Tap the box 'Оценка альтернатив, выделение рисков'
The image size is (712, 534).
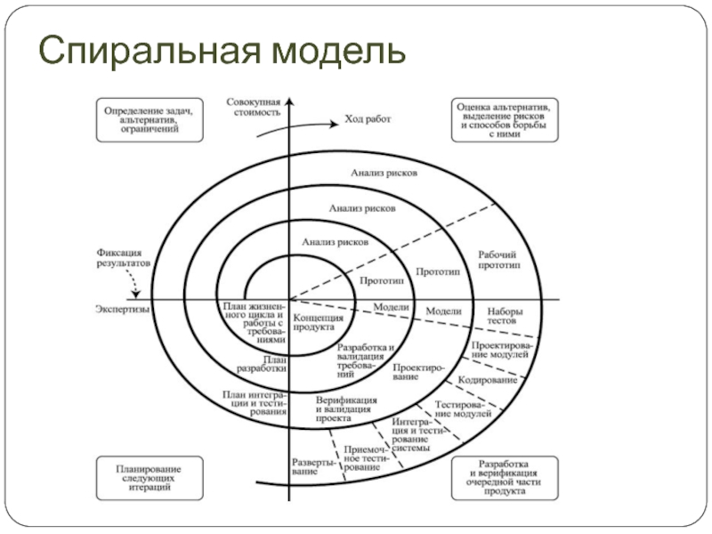(x=504, y=118)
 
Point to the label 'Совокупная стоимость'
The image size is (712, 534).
(x=255, y=108)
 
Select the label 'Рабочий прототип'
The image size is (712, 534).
(x=498, y=259)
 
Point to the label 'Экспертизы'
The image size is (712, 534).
(x=122, y=308)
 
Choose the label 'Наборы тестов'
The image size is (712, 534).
(x=505, y=317)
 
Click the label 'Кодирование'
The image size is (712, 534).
(x=487, y=381)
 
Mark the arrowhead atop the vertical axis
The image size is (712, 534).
(x=288, y=96)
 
